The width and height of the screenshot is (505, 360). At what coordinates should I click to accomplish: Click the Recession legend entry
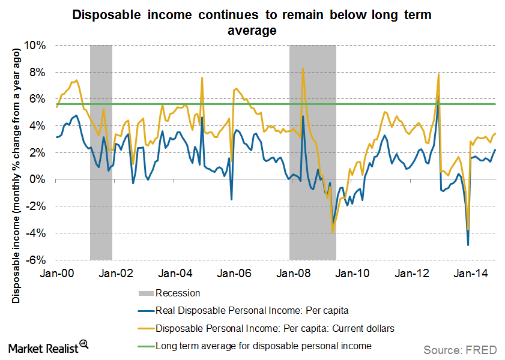(x=177, y=293)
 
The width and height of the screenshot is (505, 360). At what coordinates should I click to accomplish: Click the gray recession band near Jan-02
(x=101, y=150)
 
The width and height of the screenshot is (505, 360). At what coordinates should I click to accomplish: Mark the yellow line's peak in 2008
(x=303, y=68)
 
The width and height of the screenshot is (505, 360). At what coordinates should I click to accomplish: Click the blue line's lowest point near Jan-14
(x=468, y=245)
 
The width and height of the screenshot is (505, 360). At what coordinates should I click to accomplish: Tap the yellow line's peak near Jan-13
(x=439, y=74)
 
